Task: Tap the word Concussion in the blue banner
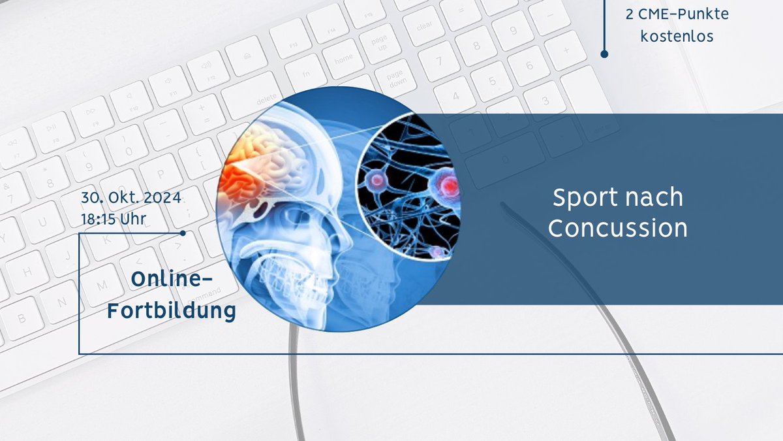point(617,228)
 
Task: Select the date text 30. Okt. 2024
point(130,198)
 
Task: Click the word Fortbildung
point(172,311)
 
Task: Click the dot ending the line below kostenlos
point(604,54)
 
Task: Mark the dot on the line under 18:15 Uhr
point(183,233)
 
